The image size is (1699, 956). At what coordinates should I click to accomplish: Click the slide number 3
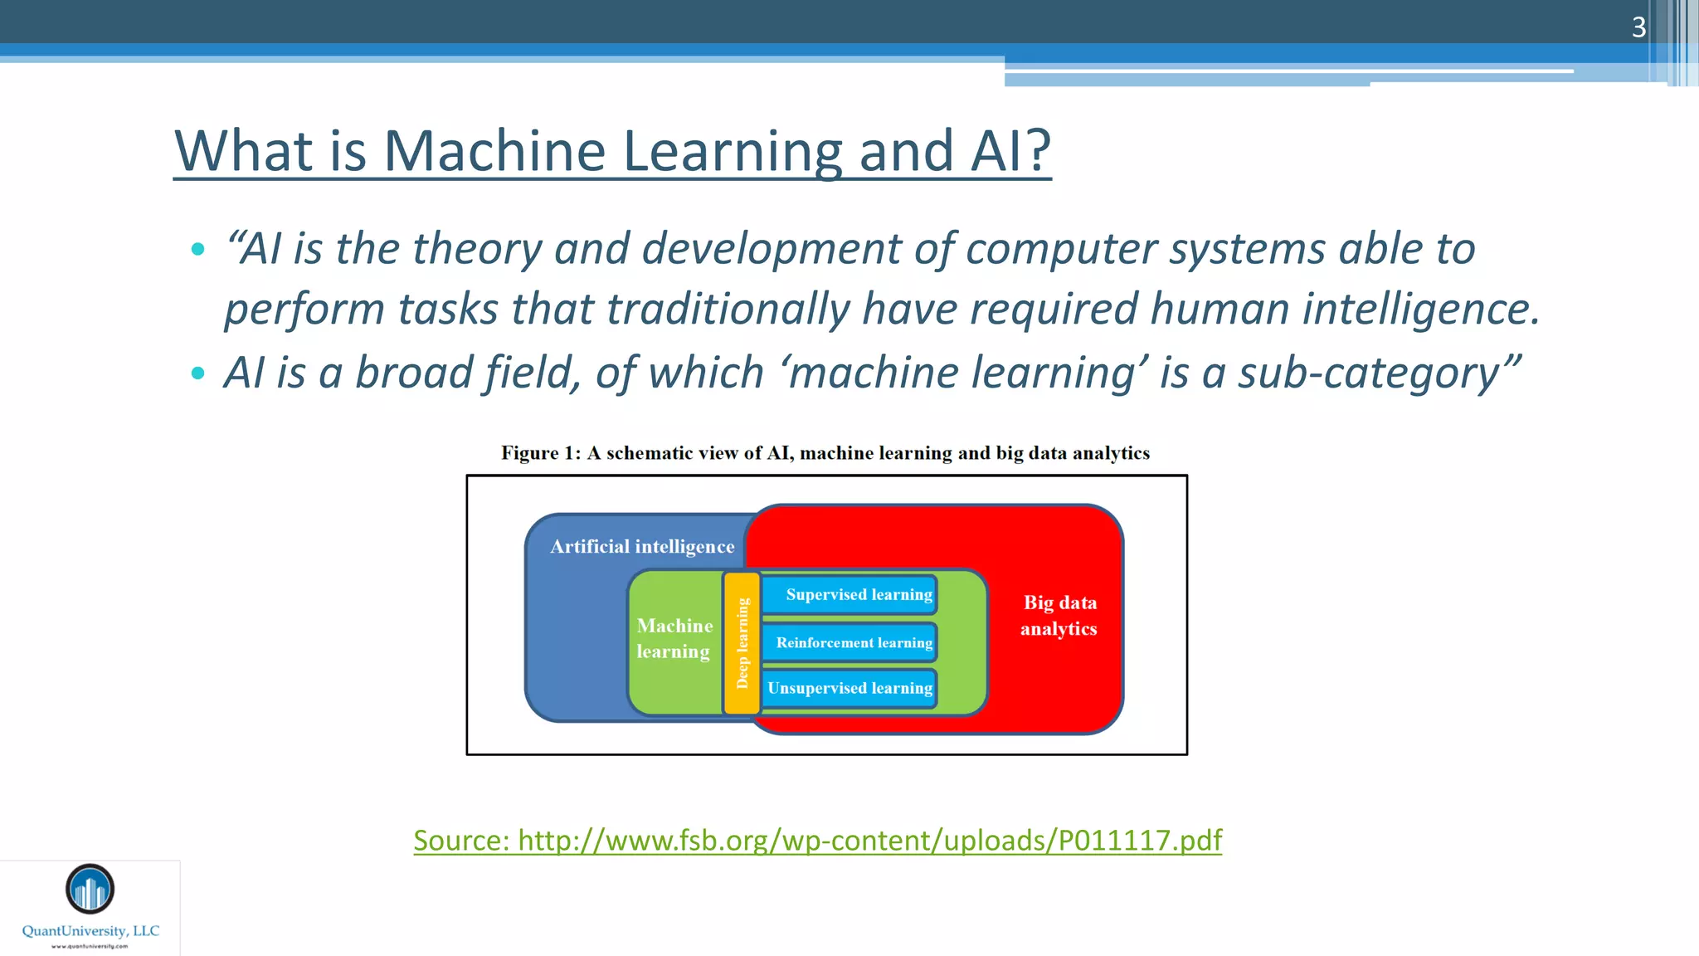1638,27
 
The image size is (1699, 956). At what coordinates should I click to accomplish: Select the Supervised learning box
851,594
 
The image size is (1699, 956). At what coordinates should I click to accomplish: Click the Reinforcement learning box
851,642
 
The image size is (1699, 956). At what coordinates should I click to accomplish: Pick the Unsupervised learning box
849,688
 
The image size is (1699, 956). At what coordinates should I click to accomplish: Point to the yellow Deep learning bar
742,643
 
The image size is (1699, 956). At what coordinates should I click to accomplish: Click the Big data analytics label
1059,615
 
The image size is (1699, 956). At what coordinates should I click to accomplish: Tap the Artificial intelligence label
642,546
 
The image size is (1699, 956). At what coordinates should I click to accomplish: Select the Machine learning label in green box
674,638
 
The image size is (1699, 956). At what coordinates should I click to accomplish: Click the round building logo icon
90,889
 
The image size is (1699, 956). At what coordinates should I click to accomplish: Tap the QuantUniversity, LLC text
90,930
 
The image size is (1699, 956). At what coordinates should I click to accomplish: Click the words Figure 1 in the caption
540,453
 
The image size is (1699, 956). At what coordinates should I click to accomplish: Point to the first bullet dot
197,249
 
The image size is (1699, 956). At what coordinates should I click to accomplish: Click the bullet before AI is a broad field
197,373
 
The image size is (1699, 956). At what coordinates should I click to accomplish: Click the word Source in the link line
460,840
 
